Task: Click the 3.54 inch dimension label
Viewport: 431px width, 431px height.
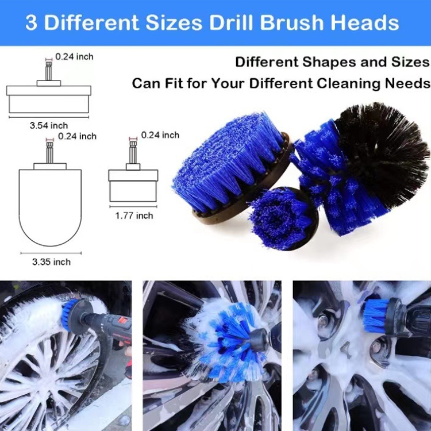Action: pos(49,126)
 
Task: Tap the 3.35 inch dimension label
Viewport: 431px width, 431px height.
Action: pos(51,262)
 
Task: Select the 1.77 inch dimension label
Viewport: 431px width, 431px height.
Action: pos(134,215)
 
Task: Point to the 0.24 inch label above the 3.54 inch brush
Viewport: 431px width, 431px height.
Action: pos(74,57)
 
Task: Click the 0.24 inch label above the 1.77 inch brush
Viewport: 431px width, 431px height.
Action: pos(160,135)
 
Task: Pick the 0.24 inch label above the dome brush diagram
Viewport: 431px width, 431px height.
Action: pos(77,136)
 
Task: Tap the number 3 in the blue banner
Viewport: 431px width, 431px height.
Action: pos(31,22)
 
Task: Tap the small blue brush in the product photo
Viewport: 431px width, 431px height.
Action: pos(283,218)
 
